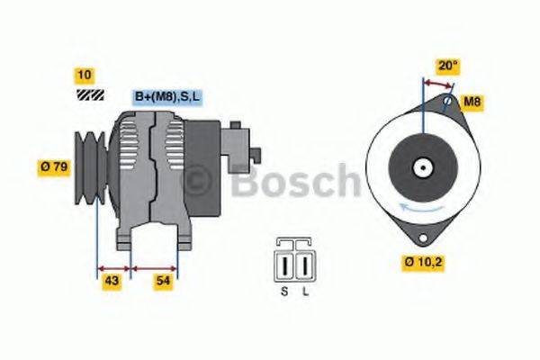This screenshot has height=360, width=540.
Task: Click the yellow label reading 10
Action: [x=85, y=75]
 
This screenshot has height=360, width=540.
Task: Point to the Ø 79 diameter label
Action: [x=55, y=166]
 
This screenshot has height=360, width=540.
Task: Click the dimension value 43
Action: [x=112, y=283]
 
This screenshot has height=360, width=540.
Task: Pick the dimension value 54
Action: [x=163, y=283]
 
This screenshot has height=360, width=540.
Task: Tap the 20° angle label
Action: [x=447, y=66]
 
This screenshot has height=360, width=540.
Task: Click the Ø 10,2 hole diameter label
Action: [x=421, y=264]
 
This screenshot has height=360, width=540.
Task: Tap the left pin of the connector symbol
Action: [x=287, y=265]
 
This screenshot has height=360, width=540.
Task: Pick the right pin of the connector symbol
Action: [x=305, y=265]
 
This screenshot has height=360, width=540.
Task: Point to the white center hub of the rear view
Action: [x=421, y=166]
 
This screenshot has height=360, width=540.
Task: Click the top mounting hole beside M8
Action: [x=448, y=101]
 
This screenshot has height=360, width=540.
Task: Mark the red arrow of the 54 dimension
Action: [x=154, y=267]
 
